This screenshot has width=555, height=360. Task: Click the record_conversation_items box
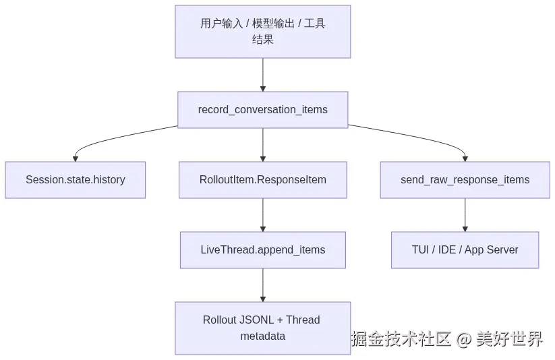(262, 110)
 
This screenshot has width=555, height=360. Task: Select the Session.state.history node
(75, 180)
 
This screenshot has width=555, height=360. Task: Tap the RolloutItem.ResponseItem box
(262, 180)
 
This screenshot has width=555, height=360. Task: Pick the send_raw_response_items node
(465, 180)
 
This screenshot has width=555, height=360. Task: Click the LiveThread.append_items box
(262, 250)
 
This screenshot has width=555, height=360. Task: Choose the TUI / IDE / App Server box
(465, 250)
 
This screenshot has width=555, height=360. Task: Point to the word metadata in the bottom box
(262, 336)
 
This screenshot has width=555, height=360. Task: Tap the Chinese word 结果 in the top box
(262, 39)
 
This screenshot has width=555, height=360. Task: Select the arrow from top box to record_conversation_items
(262, 75)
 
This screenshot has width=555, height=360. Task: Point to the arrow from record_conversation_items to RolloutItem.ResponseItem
(262, 145)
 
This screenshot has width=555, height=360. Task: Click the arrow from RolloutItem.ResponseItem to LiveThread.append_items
(262, 215)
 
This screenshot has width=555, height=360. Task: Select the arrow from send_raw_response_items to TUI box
(465, 215)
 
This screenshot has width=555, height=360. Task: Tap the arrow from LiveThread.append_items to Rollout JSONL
(262, 285)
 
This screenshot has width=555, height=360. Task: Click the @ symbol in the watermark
(464, 339)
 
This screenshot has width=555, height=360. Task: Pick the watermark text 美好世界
(509, 338)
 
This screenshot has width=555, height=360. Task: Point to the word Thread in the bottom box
(303, 320)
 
